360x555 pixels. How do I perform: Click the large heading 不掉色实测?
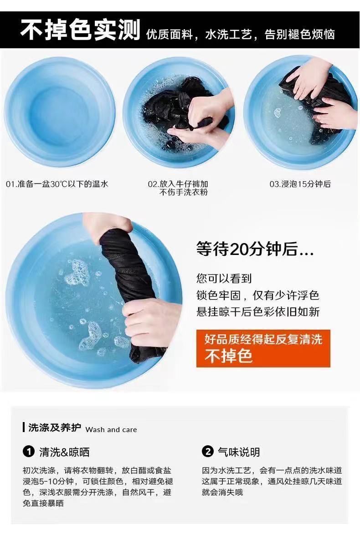81,30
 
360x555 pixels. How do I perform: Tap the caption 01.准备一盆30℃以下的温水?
57,184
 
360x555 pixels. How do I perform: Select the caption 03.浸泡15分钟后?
300,184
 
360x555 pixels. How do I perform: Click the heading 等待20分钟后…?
255,249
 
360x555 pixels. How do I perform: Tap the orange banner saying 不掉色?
263,348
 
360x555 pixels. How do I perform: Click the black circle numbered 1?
29,452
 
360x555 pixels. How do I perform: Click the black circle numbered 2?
208,452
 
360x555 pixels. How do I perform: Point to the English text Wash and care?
111,430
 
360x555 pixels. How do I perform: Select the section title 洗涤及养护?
55,428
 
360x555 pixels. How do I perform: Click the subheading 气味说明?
239,452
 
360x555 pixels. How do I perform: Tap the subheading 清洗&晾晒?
64,452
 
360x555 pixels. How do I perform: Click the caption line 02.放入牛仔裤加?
178,184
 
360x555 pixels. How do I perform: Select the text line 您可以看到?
224,279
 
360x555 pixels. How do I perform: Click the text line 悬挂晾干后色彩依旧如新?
258,312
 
